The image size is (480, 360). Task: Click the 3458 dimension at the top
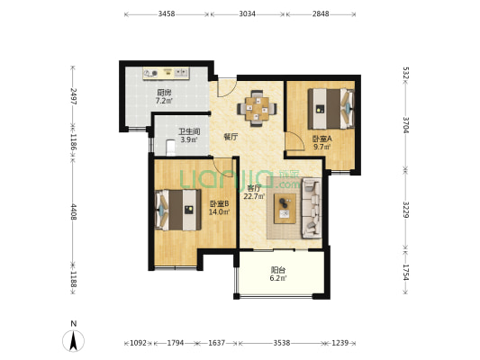pyautogui.click(x=167, y=13)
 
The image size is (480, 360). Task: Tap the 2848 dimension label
pyautogui.click(x=321, y=13)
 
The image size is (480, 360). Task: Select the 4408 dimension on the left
pyautogui.click(x=73, y=211)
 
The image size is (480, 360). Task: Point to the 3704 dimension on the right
pyautogui.click(x=406, y=125)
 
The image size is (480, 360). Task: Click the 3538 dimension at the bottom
pyautogui.click(x=282, y=343)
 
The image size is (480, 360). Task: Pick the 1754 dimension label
pyautogui.click(x=406, y=272)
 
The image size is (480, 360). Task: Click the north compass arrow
pyautogui.click(x=74, y=340)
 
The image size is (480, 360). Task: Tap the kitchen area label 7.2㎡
pyautogui.click(x=164, y=101)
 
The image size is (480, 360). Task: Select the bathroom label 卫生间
pyautogui.click(x=189, y=131)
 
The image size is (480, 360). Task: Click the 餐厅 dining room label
pyautogui.click(x=231, y=137)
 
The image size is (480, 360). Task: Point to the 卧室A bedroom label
pyautogui.click(x=322, y=139)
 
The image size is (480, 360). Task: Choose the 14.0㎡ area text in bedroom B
pyautogui.click(x=220, y=211)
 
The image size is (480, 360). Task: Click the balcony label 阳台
pyautogui.click(x=278, y=270)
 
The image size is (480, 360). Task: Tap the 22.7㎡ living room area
pyautogui.click(x=254, y=196)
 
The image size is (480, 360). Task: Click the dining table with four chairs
pyautogui.click(x=257, y=108)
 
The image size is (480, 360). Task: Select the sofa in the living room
pyautogui.click(x=312, y=208)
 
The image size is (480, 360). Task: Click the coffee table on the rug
pyautogui.click(x=285, y=208)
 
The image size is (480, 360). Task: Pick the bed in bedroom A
pyautogui.click(x=331, y=109)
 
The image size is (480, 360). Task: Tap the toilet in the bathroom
pyautogui.click(x=170, y=147)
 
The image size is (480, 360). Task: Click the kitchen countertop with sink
pyautogui.click(x=167, y=74)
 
